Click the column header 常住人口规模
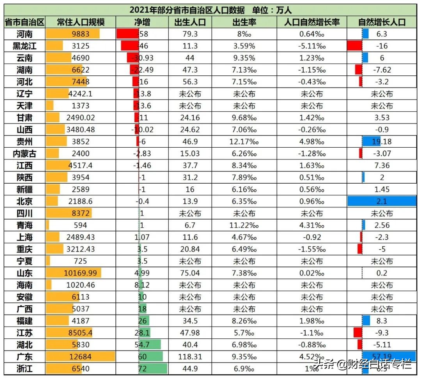pos(81,22)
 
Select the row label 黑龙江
pos(25,46)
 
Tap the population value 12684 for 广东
pos(81,357)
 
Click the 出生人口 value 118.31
pos(190,357)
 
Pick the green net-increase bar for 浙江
pos(153,368)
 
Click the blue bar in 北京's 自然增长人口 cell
pos(382,201)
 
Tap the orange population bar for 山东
pos(74,273)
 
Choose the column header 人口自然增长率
pos(312,22)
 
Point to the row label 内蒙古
pos(25,154)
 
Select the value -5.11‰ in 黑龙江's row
pos(312,46)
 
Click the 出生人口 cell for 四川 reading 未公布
pos(190,213)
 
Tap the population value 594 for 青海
pos(81,225)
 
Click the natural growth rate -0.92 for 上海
pos(312,237)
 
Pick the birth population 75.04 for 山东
pos(190,273)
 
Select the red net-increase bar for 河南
pos(127,34)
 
